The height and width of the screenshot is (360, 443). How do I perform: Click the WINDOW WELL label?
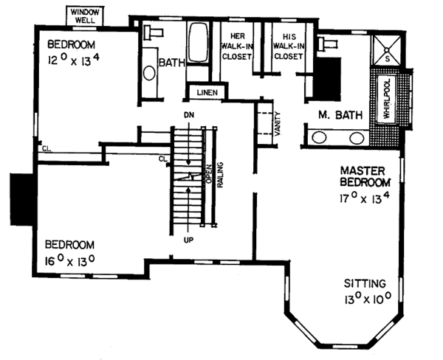(x=86, y=15)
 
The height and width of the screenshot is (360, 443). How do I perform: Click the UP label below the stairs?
(x=189, y=240)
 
